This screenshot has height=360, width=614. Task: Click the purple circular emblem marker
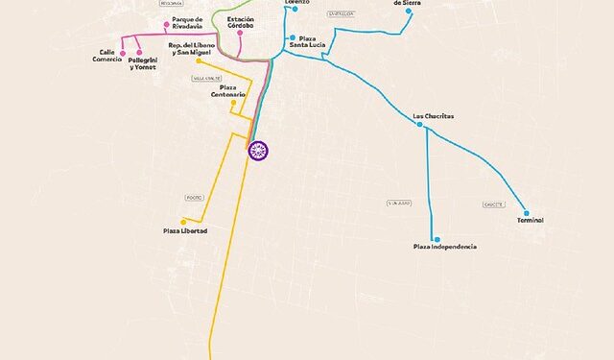coord(257,150)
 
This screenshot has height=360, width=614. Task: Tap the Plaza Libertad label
coord(185,231)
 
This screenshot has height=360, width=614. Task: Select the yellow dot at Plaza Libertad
coord(183,222)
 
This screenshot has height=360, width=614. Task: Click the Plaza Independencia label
coord(444,248)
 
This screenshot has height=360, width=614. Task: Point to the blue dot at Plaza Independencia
coord(436,239)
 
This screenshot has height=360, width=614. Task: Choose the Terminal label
coord(530,221)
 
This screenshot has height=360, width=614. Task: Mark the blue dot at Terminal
coord(526,212)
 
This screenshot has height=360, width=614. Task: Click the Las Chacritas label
coord(433,116)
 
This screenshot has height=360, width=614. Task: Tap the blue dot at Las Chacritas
coord(419,124)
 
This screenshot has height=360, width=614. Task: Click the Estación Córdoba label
coord(241,22)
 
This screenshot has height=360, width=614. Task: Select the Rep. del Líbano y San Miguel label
coord(195,49)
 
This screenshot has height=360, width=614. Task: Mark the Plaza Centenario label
coord(229,91)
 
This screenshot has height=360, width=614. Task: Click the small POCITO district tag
coord(196,198)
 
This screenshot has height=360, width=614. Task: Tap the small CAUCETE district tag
coord(494,204)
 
